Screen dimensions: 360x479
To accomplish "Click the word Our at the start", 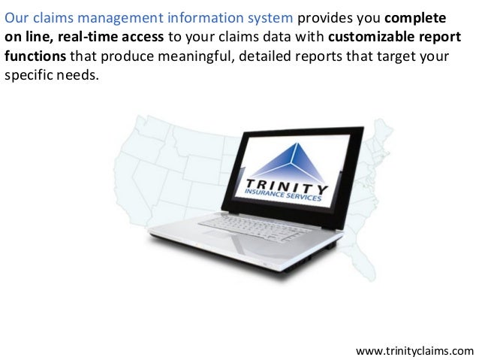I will tap(17, 17).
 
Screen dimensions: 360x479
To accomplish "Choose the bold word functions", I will tap(35, 58).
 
